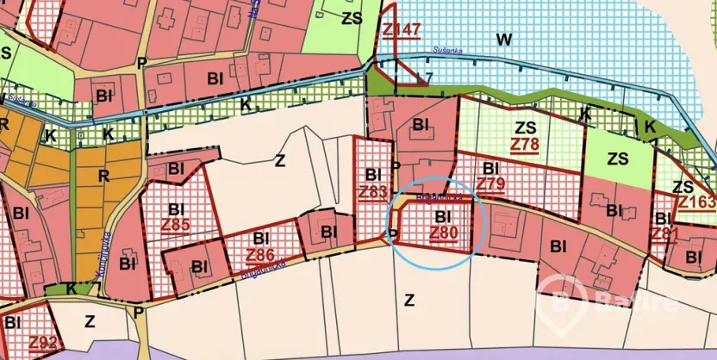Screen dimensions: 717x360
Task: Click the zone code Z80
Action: (443, 232)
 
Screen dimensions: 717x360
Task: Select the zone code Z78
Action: (524, 143)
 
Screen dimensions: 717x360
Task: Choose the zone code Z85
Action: (176, 226)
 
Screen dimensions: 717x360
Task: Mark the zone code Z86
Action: (260, 254)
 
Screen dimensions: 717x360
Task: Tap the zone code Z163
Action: (696, 202)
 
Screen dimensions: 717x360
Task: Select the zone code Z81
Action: (664, 233)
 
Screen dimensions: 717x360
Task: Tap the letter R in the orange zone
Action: (104, 177)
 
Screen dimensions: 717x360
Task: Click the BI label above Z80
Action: (444, 216)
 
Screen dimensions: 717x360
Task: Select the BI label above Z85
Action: (177, 209)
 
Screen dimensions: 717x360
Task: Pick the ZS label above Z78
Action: (524, 127)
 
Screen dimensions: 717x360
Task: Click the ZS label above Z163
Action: (683, 187)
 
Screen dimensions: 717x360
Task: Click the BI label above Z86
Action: (260, 238)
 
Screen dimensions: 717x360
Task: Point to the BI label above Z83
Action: (373, 175)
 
